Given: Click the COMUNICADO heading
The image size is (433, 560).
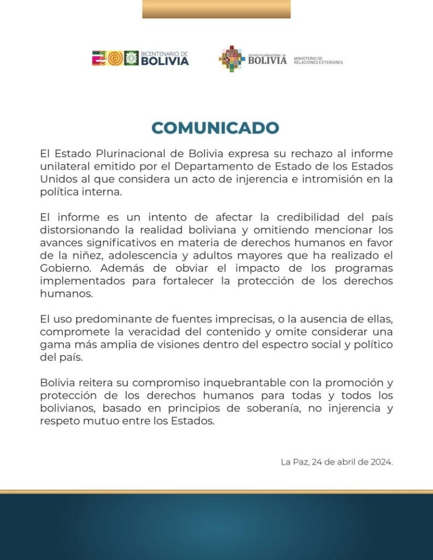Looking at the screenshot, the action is click(x=215, y=128).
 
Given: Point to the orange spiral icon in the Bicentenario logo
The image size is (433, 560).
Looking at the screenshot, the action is click(x=115, y=59).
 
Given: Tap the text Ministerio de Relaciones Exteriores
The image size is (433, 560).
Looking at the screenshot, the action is click(x=318, y=60).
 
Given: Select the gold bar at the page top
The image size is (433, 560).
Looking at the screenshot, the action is click(x=216, y=9).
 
